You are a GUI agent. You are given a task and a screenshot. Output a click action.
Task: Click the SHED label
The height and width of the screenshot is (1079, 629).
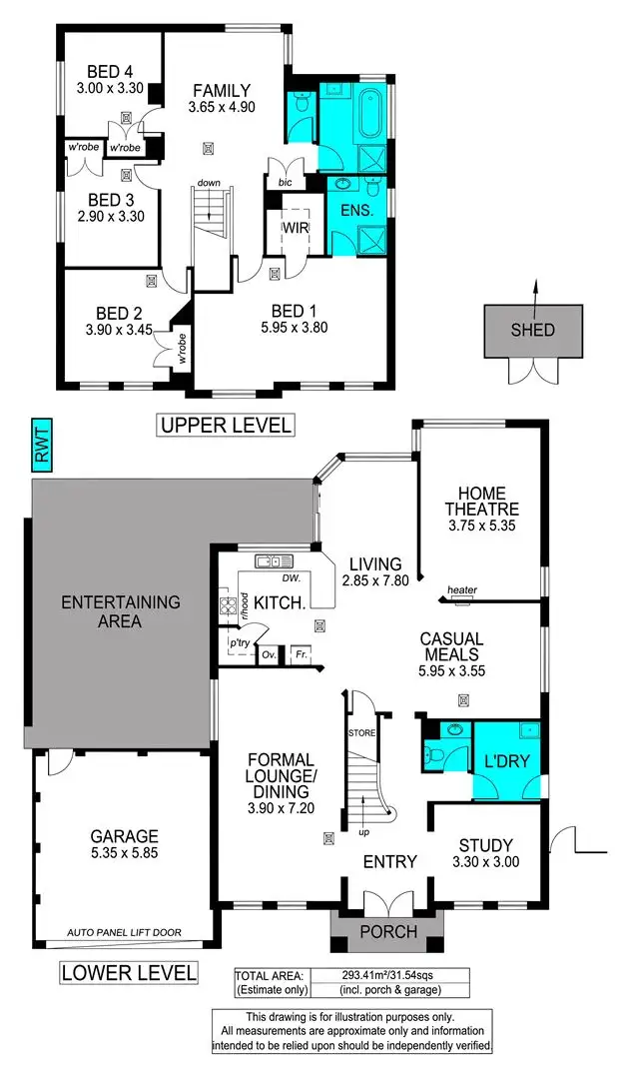[533, 331]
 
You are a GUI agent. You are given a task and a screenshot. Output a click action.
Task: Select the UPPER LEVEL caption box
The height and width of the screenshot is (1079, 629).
[225, 425]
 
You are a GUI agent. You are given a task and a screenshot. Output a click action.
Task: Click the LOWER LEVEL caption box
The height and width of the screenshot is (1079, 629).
[129, 972]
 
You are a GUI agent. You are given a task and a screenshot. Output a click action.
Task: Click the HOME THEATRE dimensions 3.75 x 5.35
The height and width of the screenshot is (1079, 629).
[482, 526]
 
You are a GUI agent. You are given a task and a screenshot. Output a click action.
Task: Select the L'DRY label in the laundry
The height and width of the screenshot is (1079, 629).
[506, 761]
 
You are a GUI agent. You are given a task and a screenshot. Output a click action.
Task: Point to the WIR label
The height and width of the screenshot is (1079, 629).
[295, 228]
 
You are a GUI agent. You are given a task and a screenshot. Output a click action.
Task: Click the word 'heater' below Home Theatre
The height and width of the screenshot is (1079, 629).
[462, 590]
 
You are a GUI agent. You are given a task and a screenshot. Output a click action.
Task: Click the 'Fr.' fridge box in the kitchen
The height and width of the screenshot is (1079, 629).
[299, 655]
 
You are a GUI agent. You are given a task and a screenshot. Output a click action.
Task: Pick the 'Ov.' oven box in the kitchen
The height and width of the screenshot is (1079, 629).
[268, 655]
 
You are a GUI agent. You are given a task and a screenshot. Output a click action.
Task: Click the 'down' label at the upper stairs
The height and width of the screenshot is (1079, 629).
[209, 183]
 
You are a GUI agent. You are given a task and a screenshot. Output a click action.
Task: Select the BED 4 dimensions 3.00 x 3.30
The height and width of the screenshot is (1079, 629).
[110, 88]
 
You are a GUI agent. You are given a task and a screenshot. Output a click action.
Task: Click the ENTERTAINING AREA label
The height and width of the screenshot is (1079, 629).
[121, 611]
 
